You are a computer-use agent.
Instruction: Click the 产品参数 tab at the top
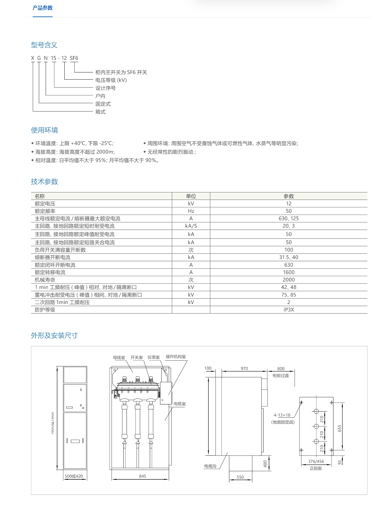pos(43,8)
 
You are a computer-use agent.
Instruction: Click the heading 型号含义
pos(44,45)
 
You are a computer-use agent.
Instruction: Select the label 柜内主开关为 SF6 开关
pos(121,72)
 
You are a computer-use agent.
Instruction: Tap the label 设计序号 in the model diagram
pos(105,88)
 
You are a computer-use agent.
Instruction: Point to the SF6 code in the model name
pos(74,58)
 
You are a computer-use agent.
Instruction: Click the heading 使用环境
pos(44,130)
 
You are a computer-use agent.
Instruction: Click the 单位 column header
pos(191,196)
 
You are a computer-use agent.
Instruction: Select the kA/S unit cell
pos(191,226)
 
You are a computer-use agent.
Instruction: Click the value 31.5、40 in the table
pos(288,257)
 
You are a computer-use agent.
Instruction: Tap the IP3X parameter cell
pos(288,310)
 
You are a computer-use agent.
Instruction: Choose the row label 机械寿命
pos(45,280)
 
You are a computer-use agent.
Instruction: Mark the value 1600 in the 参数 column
pos(288,272)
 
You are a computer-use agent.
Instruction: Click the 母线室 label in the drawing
pos(119,357)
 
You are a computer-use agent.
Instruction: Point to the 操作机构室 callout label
pos(176,357)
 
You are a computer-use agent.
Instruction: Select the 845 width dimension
pos(142,476)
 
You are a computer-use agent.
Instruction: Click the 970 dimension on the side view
pos(244,368)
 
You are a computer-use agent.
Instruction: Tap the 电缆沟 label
pos(210,466)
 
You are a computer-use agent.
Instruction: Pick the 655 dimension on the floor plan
pos(339,428)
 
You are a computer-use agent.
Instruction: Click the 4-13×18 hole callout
pos(282,415)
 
